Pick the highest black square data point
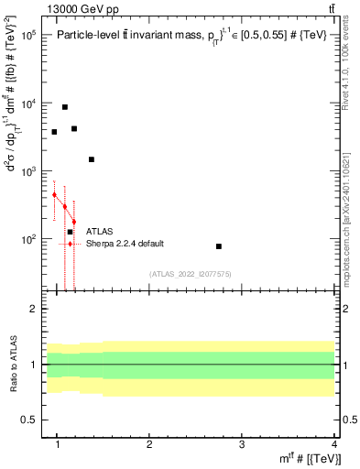(64, 107)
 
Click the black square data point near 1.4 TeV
(92, 159)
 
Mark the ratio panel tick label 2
(32, 309)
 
